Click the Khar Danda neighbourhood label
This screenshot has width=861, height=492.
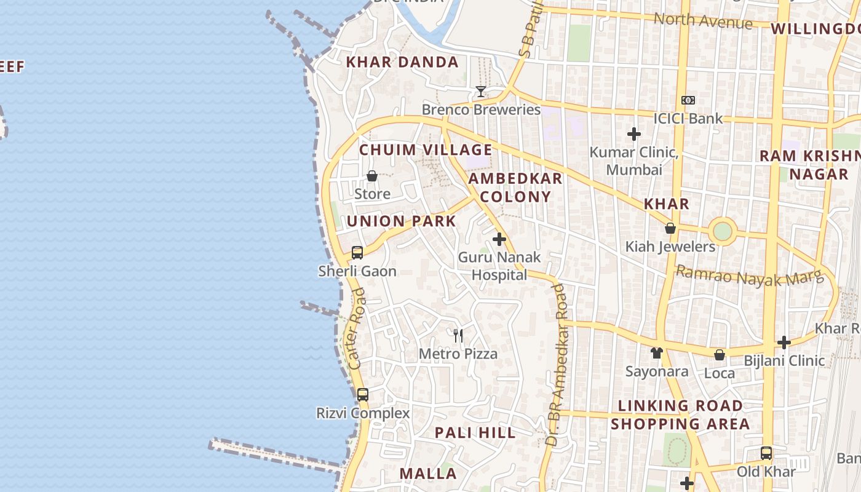tap(402, 62)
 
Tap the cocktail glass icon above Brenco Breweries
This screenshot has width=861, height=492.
tap(481, 92)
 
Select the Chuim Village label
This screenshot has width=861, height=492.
tap(426, 150)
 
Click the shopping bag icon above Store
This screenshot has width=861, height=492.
tap(372, 177)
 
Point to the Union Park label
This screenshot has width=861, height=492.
tap(402, 221)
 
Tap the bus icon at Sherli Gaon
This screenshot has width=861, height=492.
tap(357, 252)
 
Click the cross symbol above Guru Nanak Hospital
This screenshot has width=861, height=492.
tap(499, 239)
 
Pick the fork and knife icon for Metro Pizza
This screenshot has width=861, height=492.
tap(458, 335)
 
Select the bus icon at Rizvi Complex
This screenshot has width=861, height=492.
tap(363, 394)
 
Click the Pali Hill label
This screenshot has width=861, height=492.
tap(475, 432)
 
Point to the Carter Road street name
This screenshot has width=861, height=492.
tap(357, 334)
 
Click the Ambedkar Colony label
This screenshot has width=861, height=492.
tap(515, 188)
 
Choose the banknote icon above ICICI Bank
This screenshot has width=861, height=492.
tap(688, 100)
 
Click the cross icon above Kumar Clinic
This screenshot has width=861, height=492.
tap(634, 133)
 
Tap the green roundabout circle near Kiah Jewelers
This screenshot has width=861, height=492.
tap(723, 231)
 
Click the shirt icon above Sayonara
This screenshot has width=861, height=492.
tap(657, 353)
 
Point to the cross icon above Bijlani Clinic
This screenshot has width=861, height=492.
tap(784, 342)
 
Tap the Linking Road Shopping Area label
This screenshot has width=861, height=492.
tap(680, 415)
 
